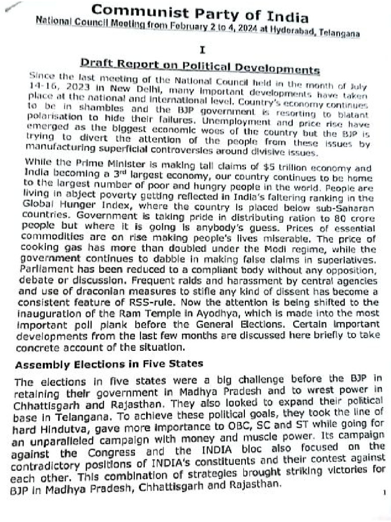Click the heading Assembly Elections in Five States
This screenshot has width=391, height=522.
coord(109,364)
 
